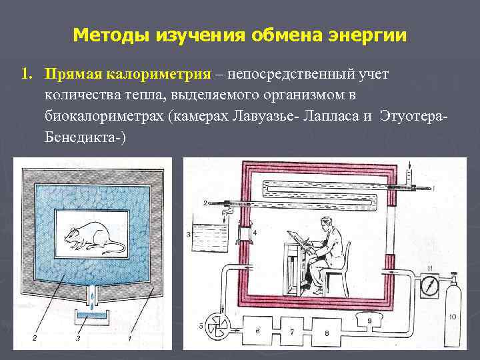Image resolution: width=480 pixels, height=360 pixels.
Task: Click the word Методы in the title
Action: click(x=112, y=34)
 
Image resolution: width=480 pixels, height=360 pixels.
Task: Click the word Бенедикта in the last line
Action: click(x=80, y=137)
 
